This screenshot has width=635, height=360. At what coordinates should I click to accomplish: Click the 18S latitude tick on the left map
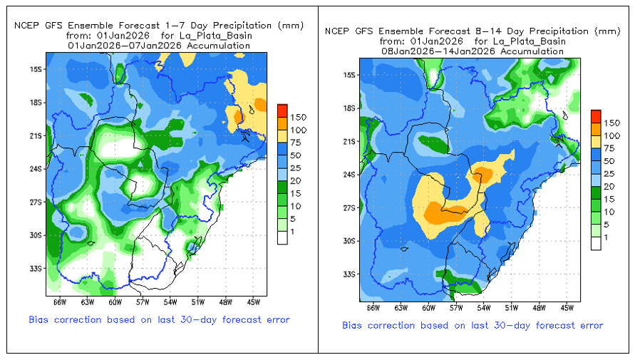(x=46, y=103)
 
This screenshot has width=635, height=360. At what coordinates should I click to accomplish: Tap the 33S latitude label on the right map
(x=349, y=274)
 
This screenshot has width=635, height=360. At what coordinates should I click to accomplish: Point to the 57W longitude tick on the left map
(x=143, y=296)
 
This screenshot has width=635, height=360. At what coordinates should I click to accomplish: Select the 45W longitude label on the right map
(x=567, y=308)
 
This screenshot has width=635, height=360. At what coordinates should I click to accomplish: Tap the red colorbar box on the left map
(x=282, y=110)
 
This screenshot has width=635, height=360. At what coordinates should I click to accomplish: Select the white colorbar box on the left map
(x=282, y=238)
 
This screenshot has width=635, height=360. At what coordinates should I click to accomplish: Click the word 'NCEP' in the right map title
(x=336, y=31)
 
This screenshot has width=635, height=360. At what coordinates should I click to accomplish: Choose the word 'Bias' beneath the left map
(x=40, y=319)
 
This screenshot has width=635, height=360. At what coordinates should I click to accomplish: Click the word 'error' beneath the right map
(x=589, y=325)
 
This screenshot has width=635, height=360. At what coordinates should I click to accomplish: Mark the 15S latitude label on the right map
(x=349, y=75)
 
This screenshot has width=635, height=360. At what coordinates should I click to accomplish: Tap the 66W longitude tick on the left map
(x=52, y=296)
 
